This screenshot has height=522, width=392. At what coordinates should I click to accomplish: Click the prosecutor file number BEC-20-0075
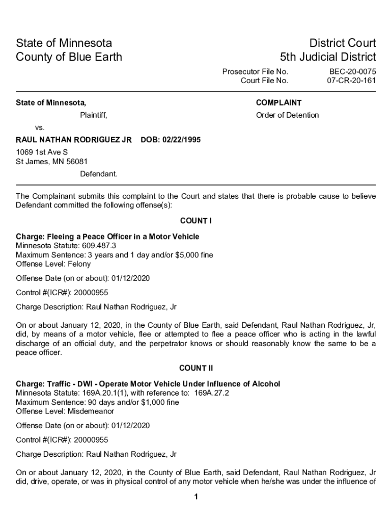pos(352,71)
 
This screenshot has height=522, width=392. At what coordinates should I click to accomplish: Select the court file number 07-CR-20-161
pos(351,81)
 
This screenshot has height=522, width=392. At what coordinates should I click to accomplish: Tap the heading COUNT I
pos(196,221)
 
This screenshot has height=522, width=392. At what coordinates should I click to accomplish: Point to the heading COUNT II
pos(196,368)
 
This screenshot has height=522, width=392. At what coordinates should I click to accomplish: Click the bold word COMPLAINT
pos(278,103)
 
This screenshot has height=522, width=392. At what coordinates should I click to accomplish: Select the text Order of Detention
pos(287,115)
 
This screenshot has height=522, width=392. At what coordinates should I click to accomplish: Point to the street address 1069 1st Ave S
pos(42,152)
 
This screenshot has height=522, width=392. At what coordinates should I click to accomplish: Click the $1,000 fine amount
pos(154,402)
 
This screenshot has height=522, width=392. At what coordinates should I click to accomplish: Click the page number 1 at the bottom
pos(196,497)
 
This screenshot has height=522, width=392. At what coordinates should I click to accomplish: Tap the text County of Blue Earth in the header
pos(69,57)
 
